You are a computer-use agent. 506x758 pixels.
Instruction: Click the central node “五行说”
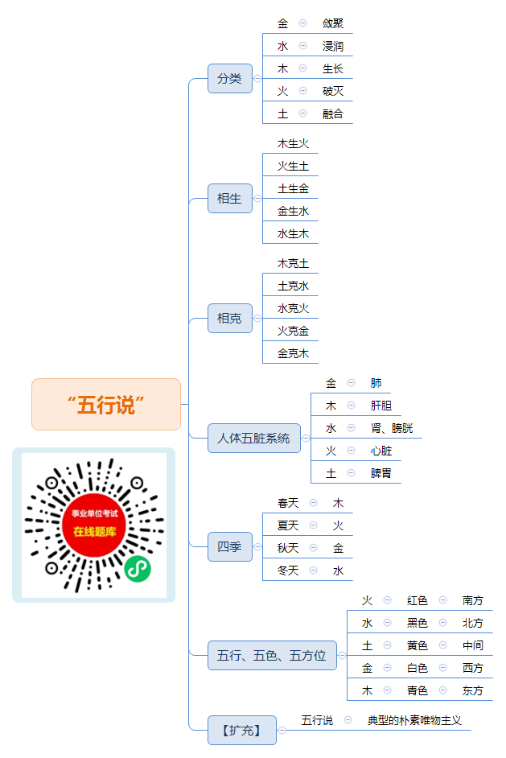tap(106, 404)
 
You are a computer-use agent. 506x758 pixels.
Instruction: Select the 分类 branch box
tap(230, 78)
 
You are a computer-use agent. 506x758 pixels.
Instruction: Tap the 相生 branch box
tap(230, 198)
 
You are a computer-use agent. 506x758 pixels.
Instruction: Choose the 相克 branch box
tap(230, 318)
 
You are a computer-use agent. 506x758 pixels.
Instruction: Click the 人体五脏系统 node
tap(254, 438)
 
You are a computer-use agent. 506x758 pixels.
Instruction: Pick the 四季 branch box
tap(230, 546)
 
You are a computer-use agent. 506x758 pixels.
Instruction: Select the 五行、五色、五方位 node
tap(272, 656)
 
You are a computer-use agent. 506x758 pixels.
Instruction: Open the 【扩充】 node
tap(242, 730)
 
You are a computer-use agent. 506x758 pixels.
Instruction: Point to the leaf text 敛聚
tap(333, 23)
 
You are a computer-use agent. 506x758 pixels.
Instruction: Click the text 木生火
tap(293, 143)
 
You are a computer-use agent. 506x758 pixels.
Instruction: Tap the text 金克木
tap(293, 353)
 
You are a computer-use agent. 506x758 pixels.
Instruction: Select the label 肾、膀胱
tap(392, 428)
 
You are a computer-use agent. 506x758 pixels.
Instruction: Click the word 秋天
tap(288, 548)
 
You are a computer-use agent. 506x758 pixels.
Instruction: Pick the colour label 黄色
tap(418, 645)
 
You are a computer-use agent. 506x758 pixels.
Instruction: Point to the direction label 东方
tap(473, 690)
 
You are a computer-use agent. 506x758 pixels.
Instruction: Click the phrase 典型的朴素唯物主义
tap(414, 720)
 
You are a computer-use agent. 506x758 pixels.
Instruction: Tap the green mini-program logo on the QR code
tap(138, 568)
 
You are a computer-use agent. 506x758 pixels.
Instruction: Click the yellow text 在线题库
tap(95, 532)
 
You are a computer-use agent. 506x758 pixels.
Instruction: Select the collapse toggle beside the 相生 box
tap(257, 198)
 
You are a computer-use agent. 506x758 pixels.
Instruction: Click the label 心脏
tap(381, 451)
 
